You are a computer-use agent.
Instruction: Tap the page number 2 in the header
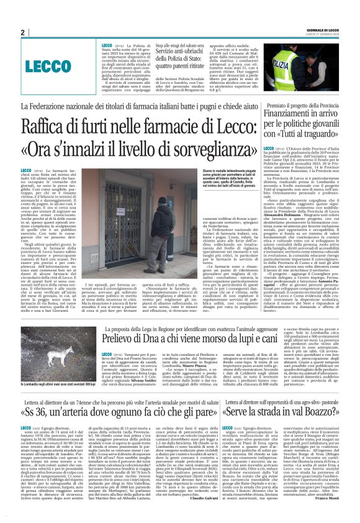[x=23, y=32]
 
